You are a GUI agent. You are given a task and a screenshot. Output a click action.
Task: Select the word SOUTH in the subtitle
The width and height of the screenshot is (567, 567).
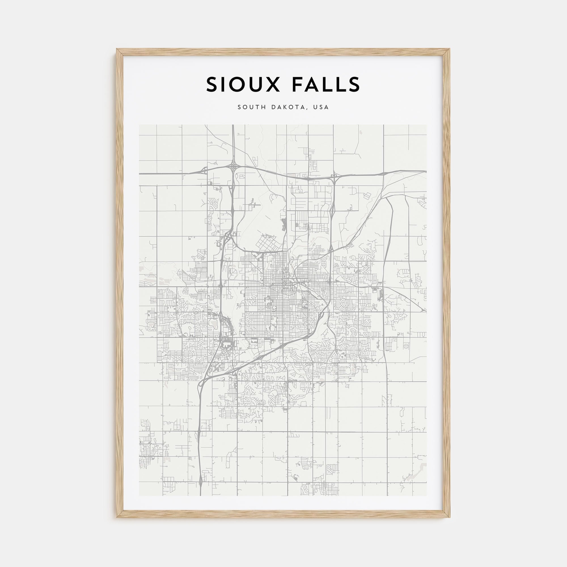250,107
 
